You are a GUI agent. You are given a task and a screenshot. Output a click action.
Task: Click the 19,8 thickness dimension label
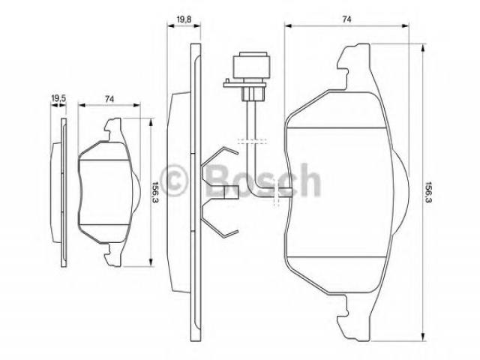pyautogui.click(x=184, y=19)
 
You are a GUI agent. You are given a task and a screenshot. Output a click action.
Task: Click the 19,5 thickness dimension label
pyautogui.click(x=58, y=98)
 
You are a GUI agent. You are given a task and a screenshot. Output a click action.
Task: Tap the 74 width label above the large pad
pyautogui.click(x=346, y=19)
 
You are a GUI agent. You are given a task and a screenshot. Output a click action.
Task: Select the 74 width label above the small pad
pyautogui.click(x=109, y=99)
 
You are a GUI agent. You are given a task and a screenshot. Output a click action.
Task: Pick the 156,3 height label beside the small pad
pyautogui.click(x=155, y=193)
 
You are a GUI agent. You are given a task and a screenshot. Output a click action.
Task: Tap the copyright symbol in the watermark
pyautogui.click(x=173, y=181)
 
